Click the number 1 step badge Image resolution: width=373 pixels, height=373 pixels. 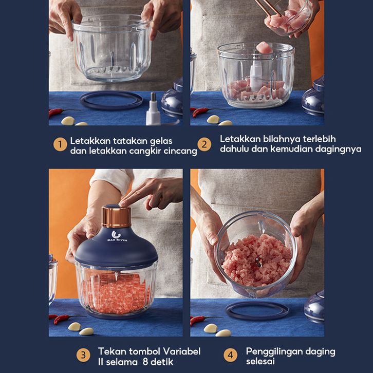pos(60,144)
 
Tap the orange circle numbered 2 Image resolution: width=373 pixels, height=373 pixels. pos(204,144)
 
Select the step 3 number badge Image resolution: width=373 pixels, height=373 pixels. pos(83,355)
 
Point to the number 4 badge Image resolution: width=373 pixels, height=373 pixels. pos(231,355)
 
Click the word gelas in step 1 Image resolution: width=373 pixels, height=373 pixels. pos(161,141)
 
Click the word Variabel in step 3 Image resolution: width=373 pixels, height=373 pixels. pos(181,351)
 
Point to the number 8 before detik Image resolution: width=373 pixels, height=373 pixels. pos(145,362)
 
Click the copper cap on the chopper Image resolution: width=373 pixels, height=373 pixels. pos(116,216)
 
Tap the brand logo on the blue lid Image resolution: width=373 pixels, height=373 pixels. pos(116,236)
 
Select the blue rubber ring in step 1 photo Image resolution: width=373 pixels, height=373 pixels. pos(111,100)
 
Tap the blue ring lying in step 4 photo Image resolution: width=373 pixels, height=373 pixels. pos(257,311)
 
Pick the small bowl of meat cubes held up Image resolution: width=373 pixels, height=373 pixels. pos(289,18)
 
